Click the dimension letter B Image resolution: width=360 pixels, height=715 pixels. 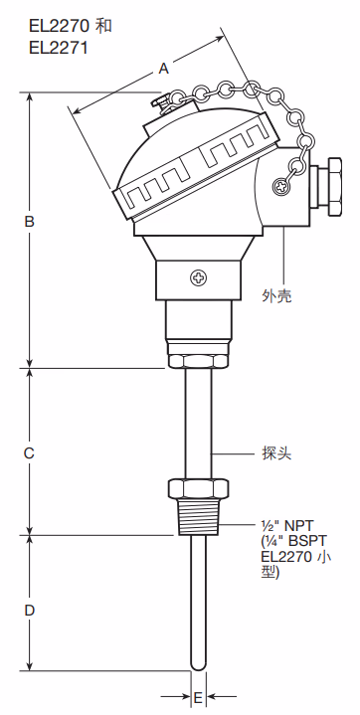(30, 222)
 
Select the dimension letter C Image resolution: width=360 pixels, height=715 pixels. (30, 452)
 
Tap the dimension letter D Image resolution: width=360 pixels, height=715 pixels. (30, 609)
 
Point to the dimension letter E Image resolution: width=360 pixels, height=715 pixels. (198, 697)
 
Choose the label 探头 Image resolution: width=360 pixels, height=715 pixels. (278, 453)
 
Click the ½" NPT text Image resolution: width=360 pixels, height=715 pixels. (288, 524)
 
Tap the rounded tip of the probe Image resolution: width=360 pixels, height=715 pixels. (198, 660)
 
